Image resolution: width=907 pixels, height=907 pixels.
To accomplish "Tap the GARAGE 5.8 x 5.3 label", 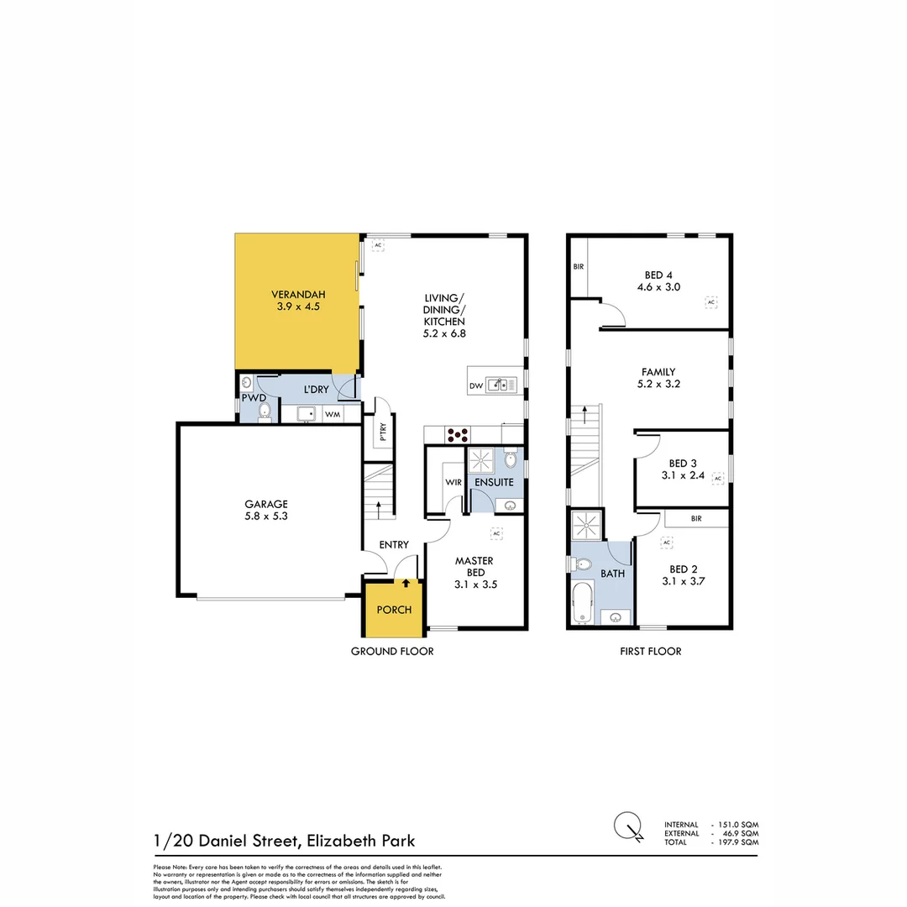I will (x=267, y=511).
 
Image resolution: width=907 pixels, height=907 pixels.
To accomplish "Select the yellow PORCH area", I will (x=394, y=609).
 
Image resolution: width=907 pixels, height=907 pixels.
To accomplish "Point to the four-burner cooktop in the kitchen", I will (x=459, y=434).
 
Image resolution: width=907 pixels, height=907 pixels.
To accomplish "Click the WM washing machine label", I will (x=333, y=414).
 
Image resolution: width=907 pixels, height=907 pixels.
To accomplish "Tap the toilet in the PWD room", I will (x=265, y=411).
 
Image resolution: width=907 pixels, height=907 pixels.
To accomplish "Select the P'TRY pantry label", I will (x=382, y=433).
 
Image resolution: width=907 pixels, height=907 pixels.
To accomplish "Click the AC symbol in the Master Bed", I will (x=495, y=533).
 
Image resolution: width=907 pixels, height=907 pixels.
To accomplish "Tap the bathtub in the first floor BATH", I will (x=581, y=605).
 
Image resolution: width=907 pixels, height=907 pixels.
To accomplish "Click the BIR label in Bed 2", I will (x=696, y=519).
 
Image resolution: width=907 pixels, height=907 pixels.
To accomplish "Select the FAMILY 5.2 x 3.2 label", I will (x=658, y=377).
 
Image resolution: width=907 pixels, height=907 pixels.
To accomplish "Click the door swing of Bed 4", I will (x=614, y=314).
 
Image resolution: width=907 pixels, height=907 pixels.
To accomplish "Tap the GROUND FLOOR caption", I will (x=392, y=651).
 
